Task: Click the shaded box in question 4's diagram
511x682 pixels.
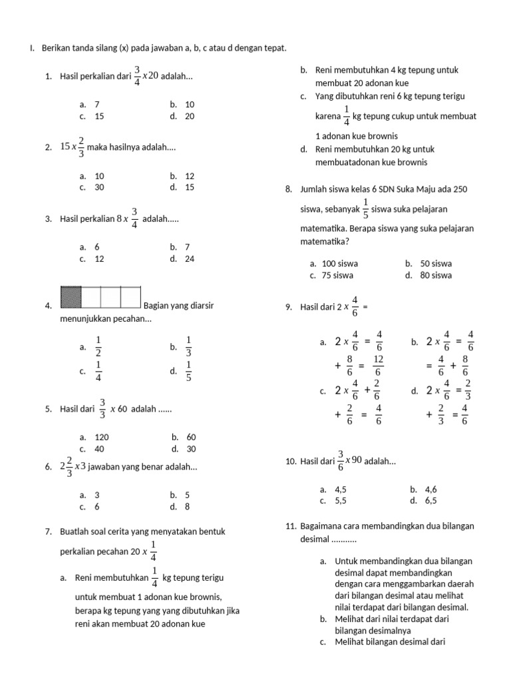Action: click(x=71, y=297)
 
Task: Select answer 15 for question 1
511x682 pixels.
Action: click(x=98, y=116)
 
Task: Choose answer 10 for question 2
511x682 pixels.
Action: click(x=99, y=176)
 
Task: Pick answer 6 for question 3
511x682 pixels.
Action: click(x=96, y=246)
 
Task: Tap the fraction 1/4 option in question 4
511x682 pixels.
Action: click(x=98, y=372)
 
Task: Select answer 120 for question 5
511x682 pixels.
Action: click(x=101, y=438)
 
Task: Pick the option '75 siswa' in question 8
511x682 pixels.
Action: click(x=337, y=275)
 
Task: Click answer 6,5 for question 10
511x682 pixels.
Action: click(x=429, y=500)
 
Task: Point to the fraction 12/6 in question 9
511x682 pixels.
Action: click(x=378, y=366)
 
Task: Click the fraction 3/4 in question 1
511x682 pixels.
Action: click(x=137, y=76)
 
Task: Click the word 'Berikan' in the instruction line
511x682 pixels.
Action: click(x=55, y=49)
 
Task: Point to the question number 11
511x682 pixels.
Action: click(x=290, y=526)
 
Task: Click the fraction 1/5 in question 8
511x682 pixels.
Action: click(x=365, y=208)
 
